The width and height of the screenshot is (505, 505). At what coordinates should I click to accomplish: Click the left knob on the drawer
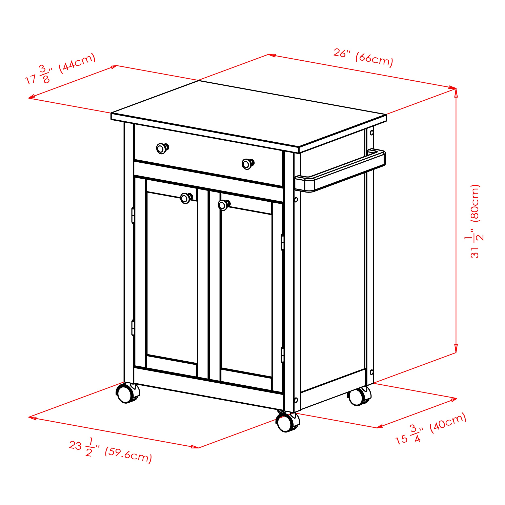(162, 148)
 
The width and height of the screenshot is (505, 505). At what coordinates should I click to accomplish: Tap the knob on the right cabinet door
(224, 205)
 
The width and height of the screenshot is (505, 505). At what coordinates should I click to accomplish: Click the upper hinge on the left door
(133, 215)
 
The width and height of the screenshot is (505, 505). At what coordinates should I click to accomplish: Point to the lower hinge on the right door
(283, 355)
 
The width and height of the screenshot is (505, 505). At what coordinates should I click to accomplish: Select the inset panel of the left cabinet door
(172, 278)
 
